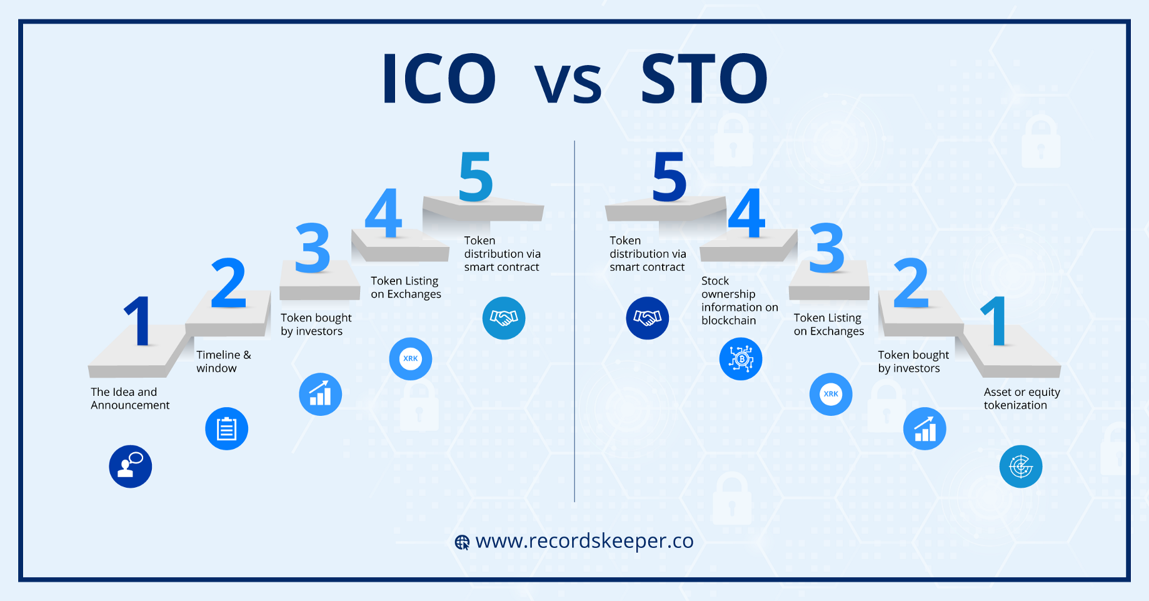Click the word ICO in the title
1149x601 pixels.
pyautogui.click(x=439, y=79)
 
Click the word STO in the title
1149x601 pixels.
pyautogui.click(x=704, y=79)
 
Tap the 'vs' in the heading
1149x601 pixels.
pyautogui.click(x=568, y=84)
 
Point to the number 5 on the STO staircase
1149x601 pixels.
pyautogui.click(x=669, y=177)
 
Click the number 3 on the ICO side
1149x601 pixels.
pyautogui.click(x=313, y=248)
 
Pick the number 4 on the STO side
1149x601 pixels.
pyautogui.click(x=746, y=213)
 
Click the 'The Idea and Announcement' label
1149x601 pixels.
pyautogui.click(x=130, y=398)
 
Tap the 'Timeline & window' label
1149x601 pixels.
pyautogui.click(x=224, y=361)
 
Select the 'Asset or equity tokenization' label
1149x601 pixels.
pyautogui.click(x=1021, y=398)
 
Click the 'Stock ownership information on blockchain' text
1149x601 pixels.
pyautogui.click(x=740, y=300)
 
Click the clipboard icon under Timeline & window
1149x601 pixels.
pyautogui.click(x=227, y=429)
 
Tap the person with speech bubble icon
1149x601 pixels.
pyautogui.click(x=131, y=467)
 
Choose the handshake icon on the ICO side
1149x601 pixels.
pyautogui.click(x=504, y=318)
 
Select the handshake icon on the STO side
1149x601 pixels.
pyautogui.click(x=648, y=318)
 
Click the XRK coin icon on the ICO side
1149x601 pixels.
pyautogui.click(x=411, y=359)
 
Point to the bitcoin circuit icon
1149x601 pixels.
pyautogui.click(x=741, y=359)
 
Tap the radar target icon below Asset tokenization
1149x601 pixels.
pyautogui.click(x=1021, y=467)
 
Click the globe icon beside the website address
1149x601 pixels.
pyautogui.click(x=462, y=542)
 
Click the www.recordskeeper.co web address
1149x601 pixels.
pyautogui.click(x=585, y=541)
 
